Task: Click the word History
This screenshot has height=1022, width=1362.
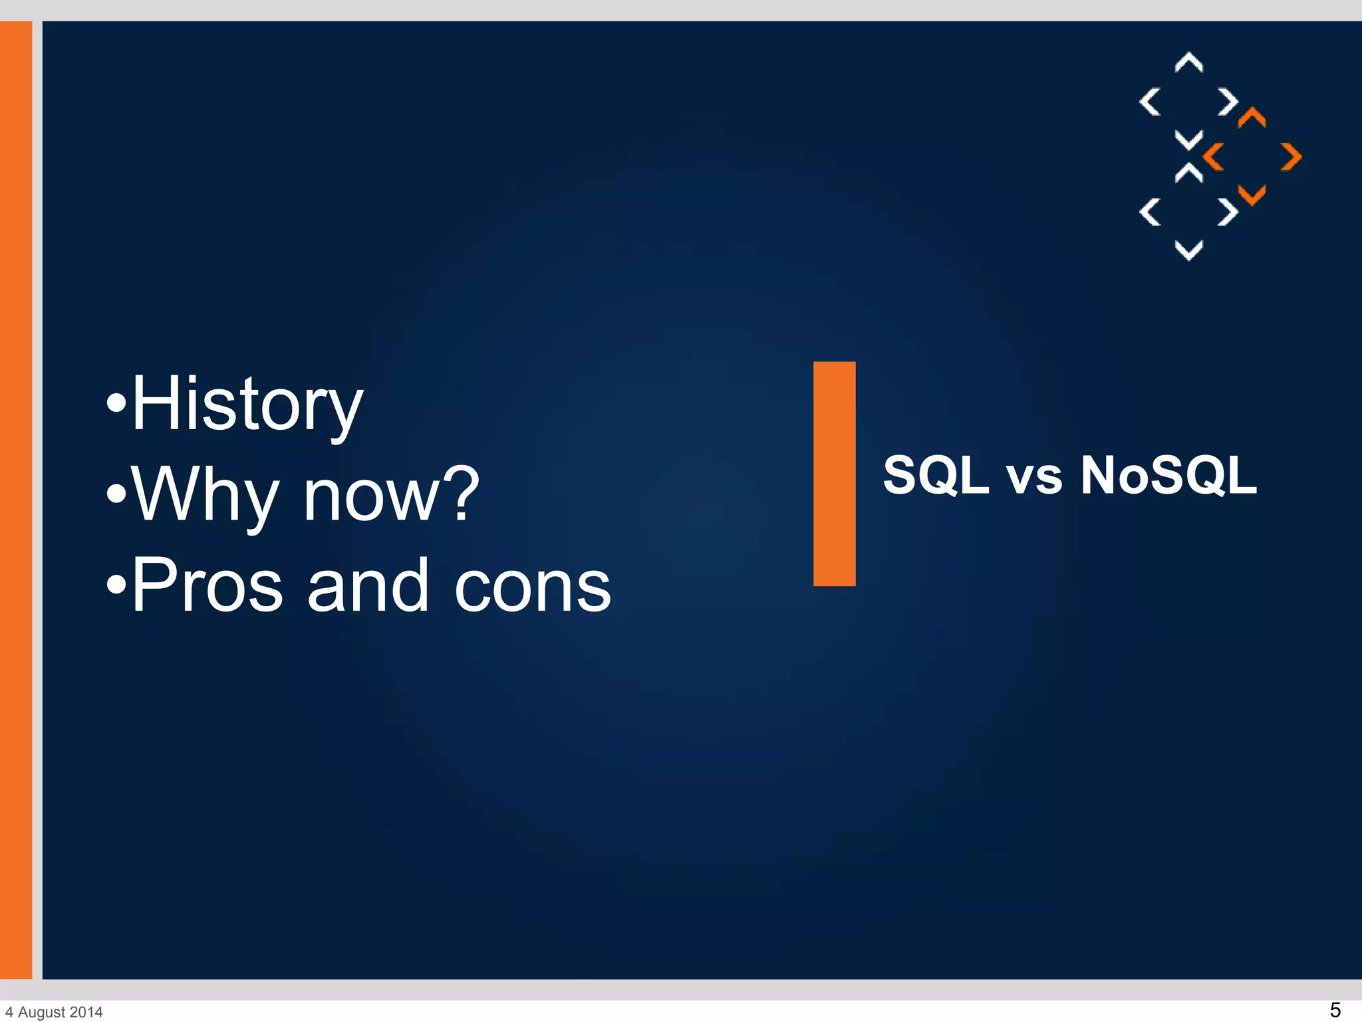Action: (x=247, y=404)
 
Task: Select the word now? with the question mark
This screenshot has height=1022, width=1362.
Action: (x=391, y=495)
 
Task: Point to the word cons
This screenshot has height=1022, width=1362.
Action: (x=532, y=587)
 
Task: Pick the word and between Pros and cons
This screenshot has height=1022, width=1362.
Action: (x=368, y=586)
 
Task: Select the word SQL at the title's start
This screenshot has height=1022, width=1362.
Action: (x=936, y=475)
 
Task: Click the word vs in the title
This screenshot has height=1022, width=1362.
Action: (x=1034, y=476)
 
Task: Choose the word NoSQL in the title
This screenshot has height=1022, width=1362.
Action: (x=1168, y=475)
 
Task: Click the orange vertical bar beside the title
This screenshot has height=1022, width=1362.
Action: (x=834, y=474)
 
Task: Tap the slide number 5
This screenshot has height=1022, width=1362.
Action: (x=1334, y=1009)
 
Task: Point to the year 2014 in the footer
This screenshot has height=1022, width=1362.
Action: (x=86, y=1012)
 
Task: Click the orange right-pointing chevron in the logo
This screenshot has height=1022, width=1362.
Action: (x=1292, y=157)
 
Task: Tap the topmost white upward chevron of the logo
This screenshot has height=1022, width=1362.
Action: (x=1188, y=63)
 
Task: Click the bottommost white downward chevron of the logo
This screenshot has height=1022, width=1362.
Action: (x=1188, y=250)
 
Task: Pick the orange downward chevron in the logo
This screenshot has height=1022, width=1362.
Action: (x=1252, y=195)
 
